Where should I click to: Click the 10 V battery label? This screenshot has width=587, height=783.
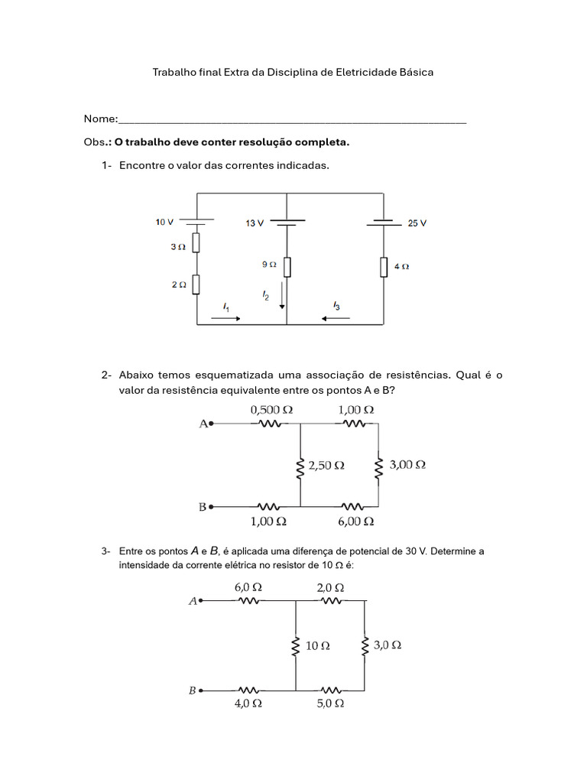165,223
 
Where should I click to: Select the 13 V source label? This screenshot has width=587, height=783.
255,223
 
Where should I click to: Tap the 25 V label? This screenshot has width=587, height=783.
417,223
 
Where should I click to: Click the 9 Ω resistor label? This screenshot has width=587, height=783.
269,265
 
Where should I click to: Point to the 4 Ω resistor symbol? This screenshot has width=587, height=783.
383,267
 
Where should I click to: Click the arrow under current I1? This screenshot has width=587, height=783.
227,317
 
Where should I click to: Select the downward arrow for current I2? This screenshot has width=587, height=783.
282,294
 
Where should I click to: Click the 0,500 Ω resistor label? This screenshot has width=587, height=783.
271,410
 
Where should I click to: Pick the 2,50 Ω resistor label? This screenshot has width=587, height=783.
326,465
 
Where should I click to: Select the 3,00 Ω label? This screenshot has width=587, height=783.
407,464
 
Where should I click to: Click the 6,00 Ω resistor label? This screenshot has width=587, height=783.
356,521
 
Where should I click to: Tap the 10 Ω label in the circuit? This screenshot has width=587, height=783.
318,645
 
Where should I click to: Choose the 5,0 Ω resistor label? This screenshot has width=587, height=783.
330,704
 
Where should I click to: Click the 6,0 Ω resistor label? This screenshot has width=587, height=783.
248,587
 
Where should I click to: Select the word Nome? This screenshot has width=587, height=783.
100,119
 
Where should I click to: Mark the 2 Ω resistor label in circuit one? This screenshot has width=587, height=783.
178,284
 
